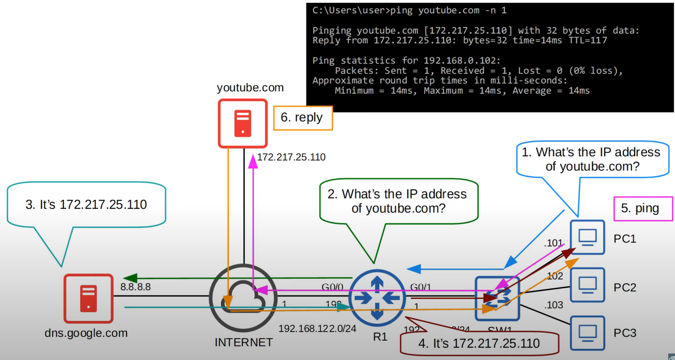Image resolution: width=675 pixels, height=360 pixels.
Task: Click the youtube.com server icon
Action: click(243, 123)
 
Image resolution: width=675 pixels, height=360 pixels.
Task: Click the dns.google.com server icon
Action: click(88, 298)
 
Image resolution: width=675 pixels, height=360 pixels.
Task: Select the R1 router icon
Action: click(377, 298)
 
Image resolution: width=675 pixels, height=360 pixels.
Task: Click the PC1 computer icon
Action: click(587, 237)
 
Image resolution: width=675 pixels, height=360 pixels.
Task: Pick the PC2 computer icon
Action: click(587, 285)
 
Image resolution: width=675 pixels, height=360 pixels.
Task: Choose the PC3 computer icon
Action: click(587, 333)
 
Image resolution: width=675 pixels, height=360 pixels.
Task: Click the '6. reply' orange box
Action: click(303, 118)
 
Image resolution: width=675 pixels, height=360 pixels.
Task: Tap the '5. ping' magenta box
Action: click(643, 209)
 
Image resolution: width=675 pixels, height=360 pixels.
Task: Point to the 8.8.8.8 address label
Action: click(135, 287)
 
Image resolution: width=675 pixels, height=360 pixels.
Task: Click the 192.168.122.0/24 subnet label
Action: click(317, 328)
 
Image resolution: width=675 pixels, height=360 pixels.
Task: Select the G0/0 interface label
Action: click(332, 287)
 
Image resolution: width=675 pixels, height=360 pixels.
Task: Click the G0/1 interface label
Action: click(420, 287)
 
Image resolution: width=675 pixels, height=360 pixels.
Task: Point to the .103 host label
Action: click(553, 305)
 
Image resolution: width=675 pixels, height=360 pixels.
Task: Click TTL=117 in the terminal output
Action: click(588, 41)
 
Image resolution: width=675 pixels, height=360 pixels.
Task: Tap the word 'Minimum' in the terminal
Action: click(354, 91)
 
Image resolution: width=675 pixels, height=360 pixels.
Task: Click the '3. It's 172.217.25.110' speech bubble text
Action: click(86, 204)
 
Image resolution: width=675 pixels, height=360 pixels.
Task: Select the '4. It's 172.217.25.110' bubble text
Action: click(479, 343)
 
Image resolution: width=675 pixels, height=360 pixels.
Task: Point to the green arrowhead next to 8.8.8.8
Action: click(130, 278)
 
